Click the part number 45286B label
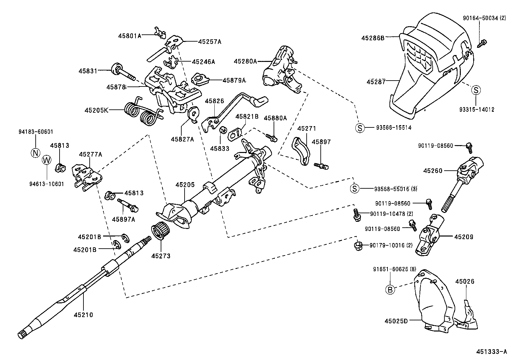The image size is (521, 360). click(373, 38)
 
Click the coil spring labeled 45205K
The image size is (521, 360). click(141, 113)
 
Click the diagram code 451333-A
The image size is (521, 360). click(492, 352)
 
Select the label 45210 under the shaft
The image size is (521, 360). click(83, 315)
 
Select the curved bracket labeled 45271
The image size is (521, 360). click(301, 150)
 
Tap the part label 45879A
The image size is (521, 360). click(234, 80)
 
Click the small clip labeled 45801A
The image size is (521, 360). click(159, 32)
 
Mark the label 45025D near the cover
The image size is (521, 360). click(396, 321)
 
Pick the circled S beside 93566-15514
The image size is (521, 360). click(360, 128)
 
